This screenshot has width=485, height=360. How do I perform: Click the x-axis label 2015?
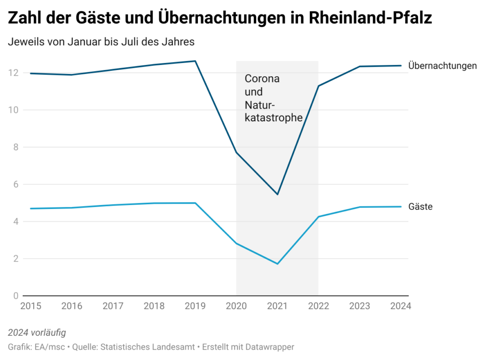click(31, 306)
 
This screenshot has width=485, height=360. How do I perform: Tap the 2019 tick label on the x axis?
click(195, 306)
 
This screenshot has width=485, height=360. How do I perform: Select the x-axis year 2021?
click(277, 306)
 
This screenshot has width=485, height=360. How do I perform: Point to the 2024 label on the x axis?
click(400, 306)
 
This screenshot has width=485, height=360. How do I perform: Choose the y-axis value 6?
click(15, 184)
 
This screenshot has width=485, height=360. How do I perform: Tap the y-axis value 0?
click(15, 296)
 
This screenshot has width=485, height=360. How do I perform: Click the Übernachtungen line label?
click(442, 66)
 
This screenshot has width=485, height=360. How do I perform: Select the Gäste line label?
click(421, 207)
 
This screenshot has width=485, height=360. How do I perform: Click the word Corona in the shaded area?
click(262, 79)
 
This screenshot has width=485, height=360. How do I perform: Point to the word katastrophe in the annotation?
click(273, 117)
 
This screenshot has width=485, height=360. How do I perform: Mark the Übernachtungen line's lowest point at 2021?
click(277, 194)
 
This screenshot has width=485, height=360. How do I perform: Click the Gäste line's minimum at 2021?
click(277, 263)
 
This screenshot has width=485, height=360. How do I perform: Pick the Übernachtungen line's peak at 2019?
click(195, 61)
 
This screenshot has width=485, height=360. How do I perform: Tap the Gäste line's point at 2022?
click(318, 217)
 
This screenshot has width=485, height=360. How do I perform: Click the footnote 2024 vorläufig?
click(37, 332)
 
